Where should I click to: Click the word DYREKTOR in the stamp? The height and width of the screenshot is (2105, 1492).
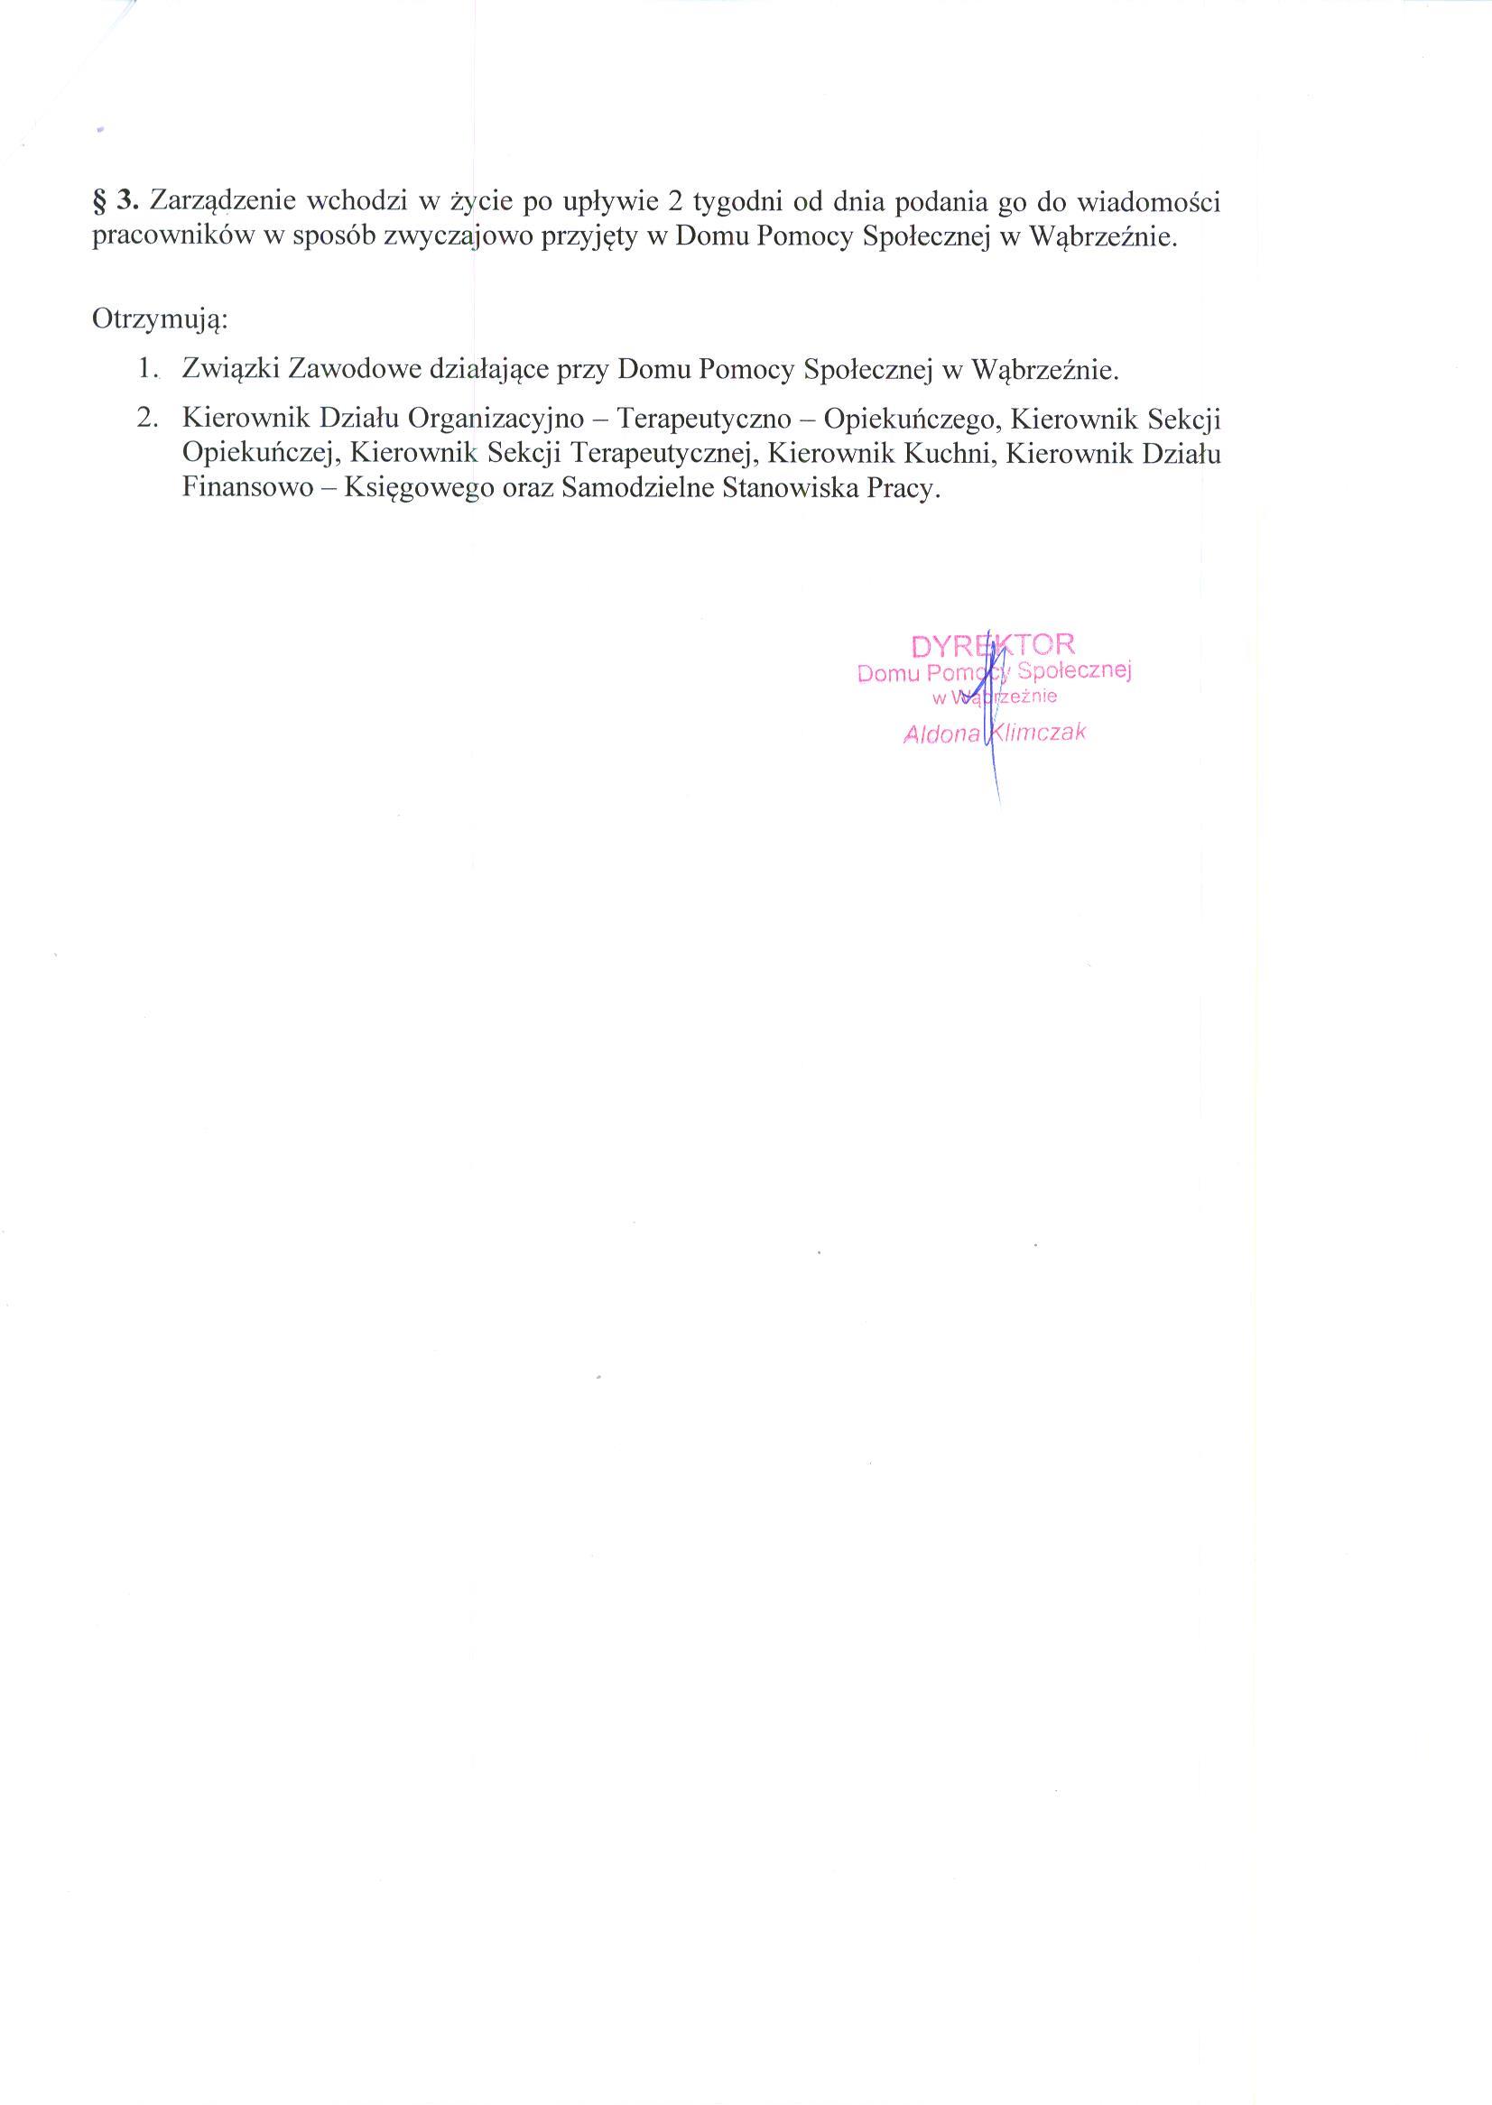(x=993, y=644)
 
